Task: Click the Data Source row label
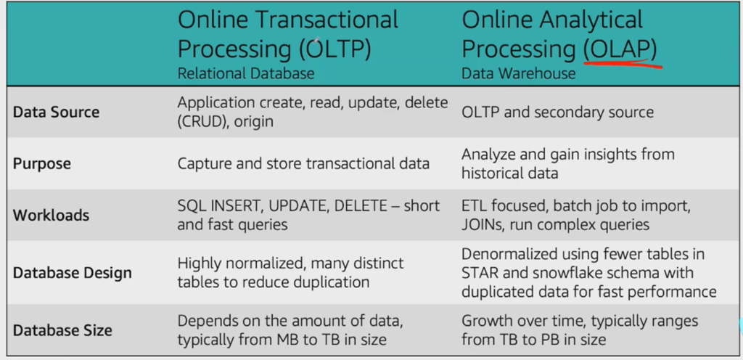click(56, 112)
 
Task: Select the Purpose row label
click(41, 164)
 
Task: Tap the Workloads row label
click(51, 216)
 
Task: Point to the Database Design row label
click(72, 274)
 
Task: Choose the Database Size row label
click(62, 330)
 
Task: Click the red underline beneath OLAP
click(623, 64)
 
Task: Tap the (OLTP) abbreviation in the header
click(335, 50)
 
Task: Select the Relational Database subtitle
click(246, 73)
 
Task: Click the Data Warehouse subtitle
click(519, 73)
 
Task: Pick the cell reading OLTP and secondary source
click(558, 112)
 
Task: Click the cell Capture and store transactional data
click(303, 164)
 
